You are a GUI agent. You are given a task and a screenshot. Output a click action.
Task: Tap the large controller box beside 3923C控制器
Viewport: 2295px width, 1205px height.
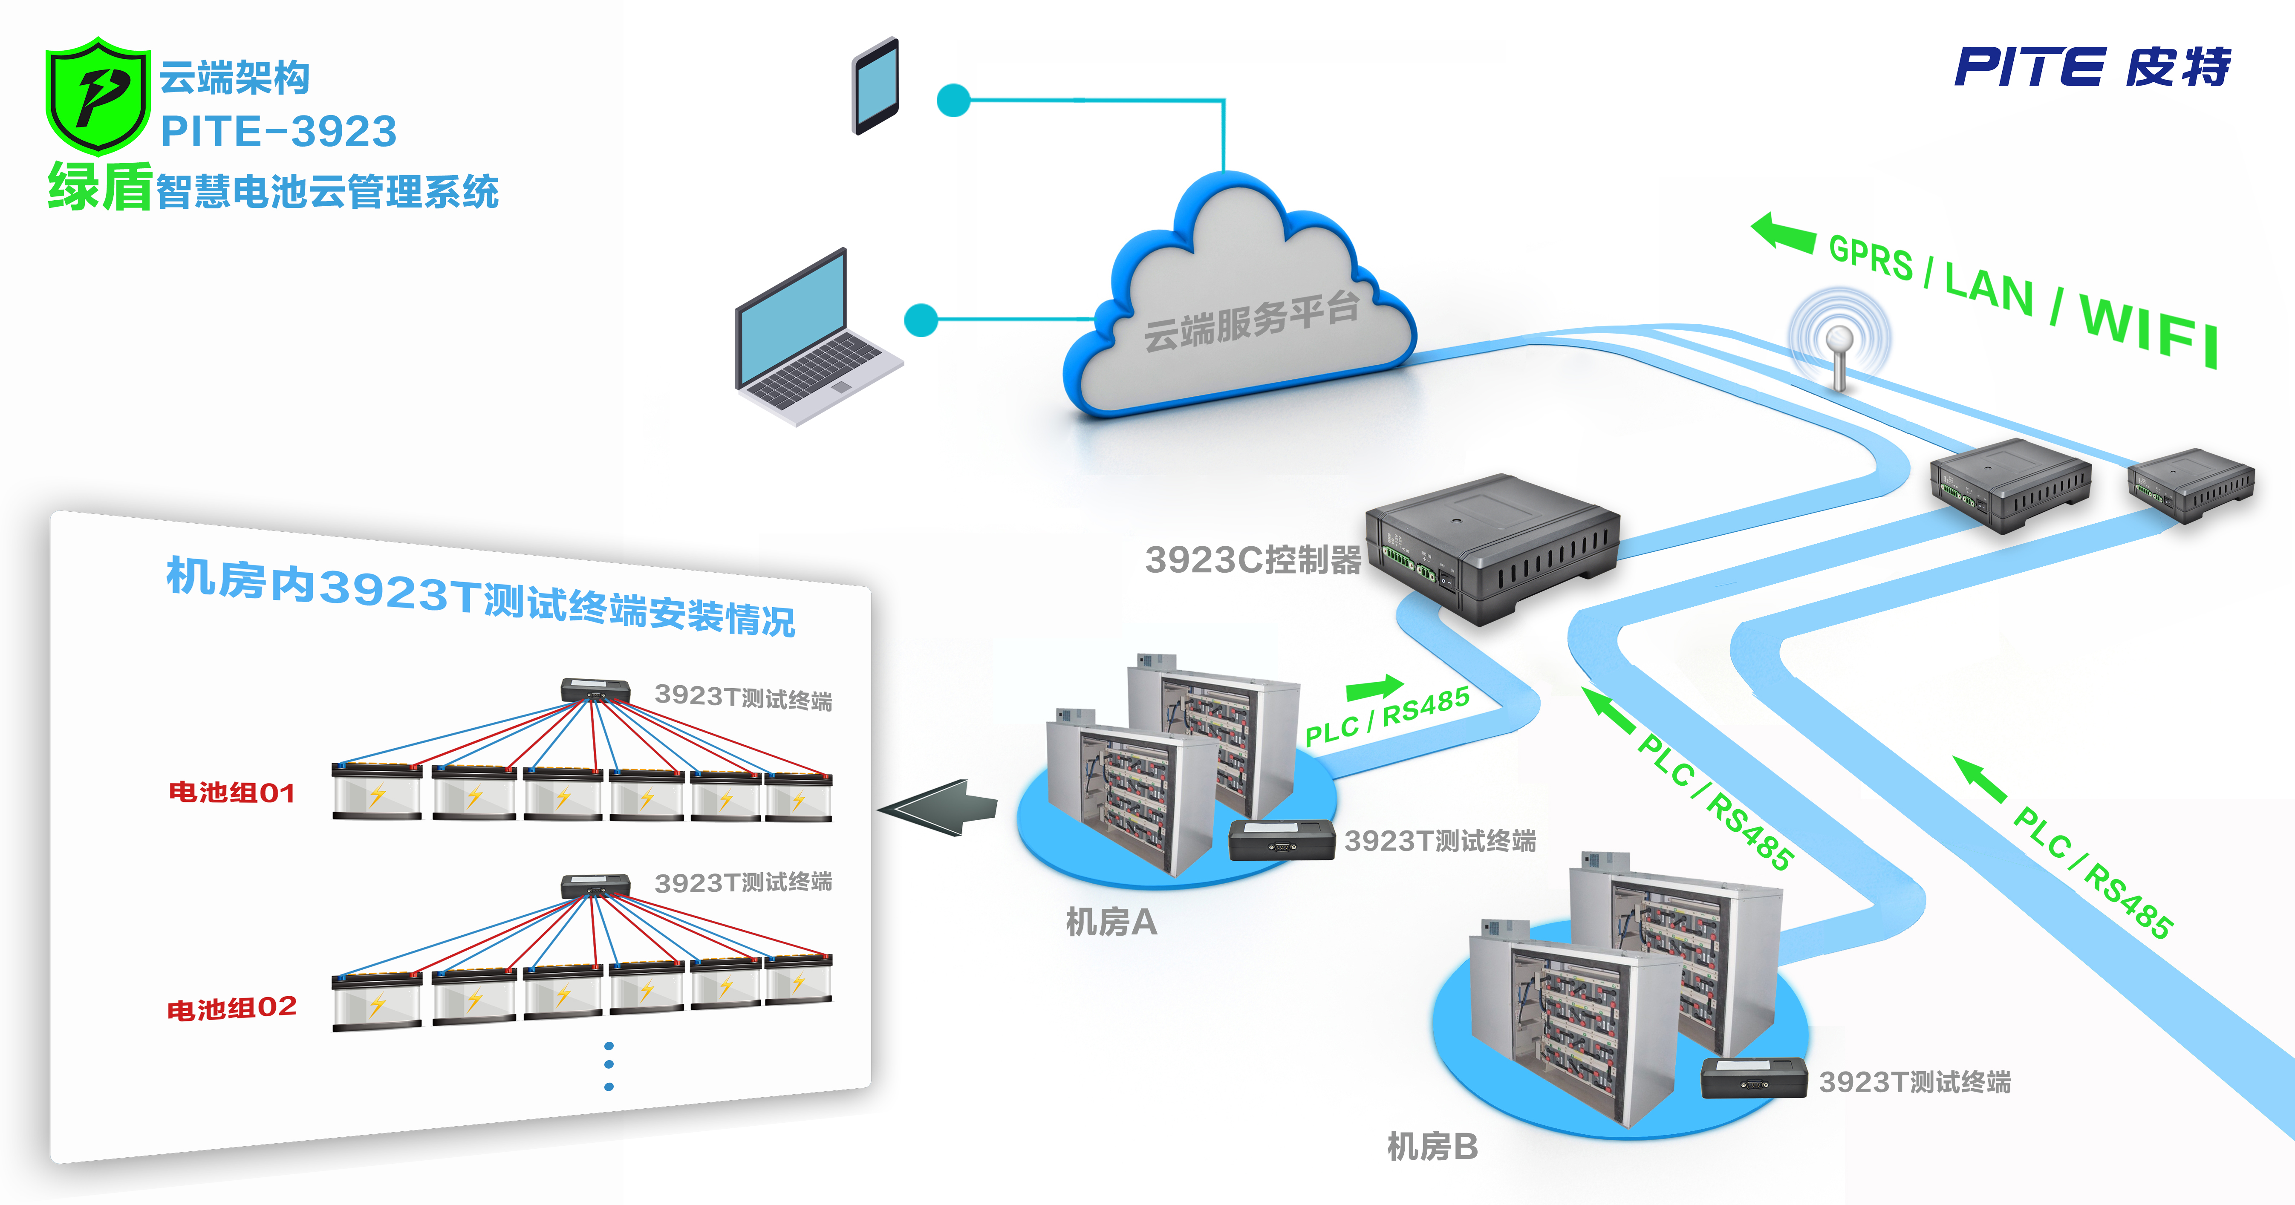1492,548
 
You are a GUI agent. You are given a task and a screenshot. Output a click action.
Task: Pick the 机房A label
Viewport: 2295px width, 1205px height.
1111,922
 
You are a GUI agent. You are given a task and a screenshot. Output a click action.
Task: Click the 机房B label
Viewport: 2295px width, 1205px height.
1432,1146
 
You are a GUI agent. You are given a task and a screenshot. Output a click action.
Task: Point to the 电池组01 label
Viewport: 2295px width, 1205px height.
232,792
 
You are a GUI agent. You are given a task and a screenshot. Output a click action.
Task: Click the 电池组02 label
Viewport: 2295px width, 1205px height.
232,1008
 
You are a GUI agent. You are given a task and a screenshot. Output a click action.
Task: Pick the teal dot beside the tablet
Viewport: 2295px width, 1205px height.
953,101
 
